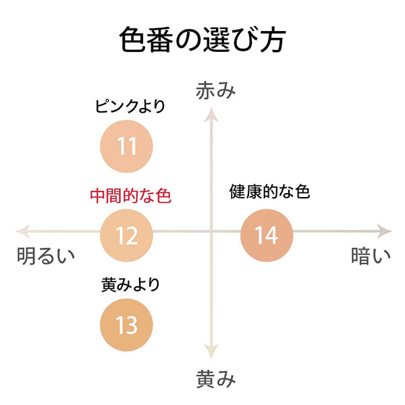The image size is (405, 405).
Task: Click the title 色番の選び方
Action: pos(202,40)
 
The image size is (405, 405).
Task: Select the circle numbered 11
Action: pos(127,146)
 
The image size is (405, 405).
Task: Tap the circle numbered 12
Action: pos(127,236)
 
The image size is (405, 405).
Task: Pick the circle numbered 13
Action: pos(127,325)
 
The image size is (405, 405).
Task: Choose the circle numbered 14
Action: pos(267,236)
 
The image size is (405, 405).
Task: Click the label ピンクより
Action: pos(130,106)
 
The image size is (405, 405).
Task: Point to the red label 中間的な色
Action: pos(131,196)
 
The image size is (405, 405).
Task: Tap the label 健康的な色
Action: pos(269,192)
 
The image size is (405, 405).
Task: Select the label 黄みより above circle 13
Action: pos(130,285)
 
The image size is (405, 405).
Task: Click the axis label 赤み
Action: pos(216,90)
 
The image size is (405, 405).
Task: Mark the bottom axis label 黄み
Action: pos(216,379)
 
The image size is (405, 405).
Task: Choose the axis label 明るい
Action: pos(46,256)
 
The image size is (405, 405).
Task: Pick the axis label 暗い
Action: pos(371,256)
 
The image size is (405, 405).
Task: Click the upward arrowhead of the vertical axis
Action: pos(211,114)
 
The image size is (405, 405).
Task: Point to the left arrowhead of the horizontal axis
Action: pos(23,231)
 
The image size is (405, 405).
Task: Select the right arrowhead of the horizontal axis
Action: pos(385,231)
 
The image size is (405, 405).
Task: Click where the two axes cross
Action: pos(211,231)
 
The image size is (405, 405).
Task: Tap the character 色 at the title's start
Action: pos(132,40)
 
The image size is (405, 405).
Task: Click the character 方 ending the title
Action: pos(273,40)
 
